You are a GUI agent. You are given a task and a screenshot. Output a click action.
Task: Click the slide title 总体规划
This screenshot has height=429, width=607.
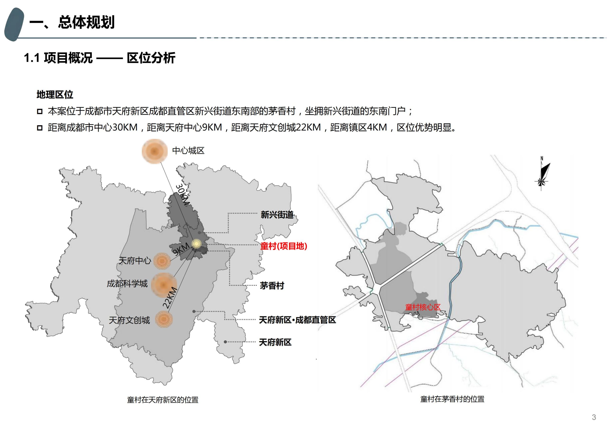pyautogui.click(x=72, y=22)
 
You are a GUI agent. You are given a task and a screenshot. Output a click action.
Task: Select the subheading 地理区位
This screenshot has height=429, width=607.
pyautogui.click(x=55, y=94)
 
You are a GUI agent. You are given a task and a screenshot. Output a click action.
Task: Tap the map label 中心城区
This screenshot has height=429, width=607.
pyautogui.click(x=188, y=151)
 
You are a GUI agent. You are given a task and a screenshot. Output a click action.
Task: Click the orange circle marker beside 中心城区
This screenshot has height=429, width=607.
pyautogui.click(x=155, y=151)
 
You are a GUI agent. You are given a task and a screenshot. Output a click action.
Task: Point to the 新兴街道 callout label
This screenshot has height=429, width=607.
pyautogui.click(x=277, y=215)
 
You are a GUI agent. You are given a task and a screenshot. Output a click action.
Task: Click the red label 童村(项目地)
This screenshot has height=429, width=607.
pyautogui.click(x=284, y=246)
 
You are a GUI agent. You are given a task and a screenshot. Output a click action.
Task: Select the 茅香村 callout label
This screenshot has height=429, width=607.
pyautogui.click(x=272, y=285)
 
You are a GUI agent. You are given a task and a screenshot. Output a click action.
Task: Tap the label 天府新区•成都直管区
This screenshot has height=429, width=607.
pyautogui.click(x=297, y=320)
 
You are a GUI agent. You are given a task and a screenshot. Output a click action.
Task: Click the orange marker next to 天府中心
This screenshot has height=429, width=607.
pyautogui.click(x=161, y=261)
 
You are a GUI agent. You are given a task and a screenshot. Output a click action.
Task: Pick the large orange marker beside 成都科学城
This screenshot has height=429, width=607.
pyautogui.click(x=163, y=284)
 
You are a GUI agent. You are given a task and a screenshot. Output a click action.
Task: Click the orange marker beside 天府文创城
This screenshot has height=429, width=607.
pyautogui.click(x=164, y=319)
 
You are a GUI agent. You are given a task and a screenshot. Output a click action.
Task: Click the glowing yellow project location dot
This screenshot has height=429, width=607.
pyautogui.click(x=196, y=244)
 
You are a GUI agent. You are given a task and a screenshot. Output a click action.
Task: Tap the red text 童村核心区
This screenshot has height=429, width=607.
pyautogui.click(x=423, y=307)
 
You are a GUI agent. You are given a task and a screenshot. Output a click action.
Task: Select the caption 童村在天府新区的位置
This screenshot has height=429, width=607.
pyautogui.click(x=163, y=400)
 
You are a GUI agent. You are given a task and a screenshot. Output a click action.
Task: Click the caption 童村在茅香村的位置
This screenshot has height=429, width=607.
pyautogui.click(x=452, y=399)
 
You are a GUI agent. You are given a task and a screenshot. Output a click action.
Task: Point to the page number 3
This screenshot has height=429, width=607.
pyautogui.click(x=594, y=417)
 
